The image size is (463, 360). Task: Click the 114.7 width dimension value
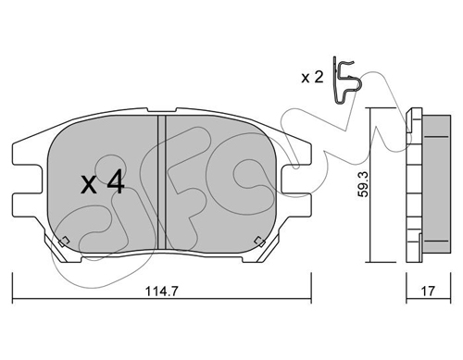162,291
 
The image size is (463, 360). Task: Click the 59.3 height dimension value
363,185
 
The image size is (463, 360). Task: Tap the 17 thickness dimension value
428,291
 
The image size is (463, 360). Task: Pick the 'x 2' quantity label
312,77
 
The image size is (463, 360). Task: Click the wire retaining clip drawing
346,81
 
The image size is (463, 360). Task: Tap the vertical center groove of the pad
162,182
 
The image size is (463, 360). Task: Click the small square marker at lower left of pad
64,242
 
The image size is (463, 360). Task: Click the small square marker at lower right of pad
259,242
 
